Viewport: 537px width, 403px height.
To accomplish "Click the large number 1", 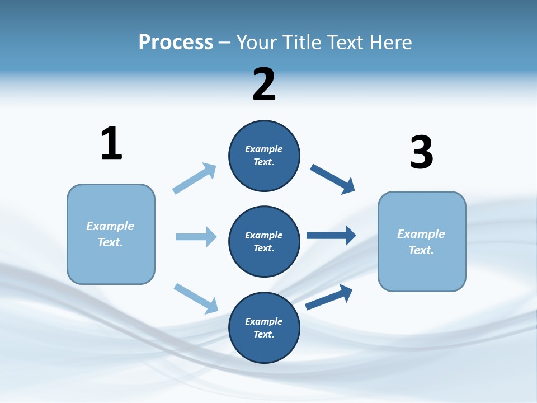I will coord(111,143).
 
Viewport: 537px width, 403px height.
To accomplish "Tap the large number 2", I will coord(264,85).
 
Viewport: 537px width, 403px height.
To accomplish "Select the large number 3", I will coord(421,152).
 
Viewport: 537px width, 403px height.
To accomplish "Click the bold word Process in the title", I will coord(176,42).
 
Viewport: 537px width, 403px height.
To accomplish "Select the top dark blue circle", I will coord(264,156).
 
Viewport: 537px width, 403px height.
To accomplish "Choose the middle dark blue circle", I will coord(264,241).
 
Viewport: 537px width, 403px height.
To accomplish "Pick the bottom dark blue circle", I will coord(264,327).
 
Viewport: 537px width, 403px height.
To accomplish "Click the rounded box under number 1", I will coord(111,234).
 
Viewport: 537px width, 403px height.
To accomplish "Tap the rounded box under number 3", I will coord(422,241).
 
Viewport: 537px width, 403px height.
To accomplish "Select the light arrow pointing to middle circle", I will coord(196,237).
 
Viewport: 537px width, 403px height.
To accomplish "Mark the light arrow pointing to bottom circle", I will coord(196,298).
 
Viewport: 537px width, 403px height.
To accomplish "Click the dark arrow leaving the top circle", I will coord(333,179).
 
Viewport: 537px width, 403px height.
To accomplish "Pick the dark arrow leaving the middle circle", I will coord(331,236).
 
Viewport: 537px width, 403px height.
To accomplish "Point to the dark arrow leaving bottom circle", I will coord(329,297).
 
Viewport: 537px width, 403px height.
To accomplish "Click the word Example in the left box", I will coord(110,226).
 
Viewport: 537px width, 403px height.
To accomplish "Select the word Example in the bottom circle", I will coord(263,321).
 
